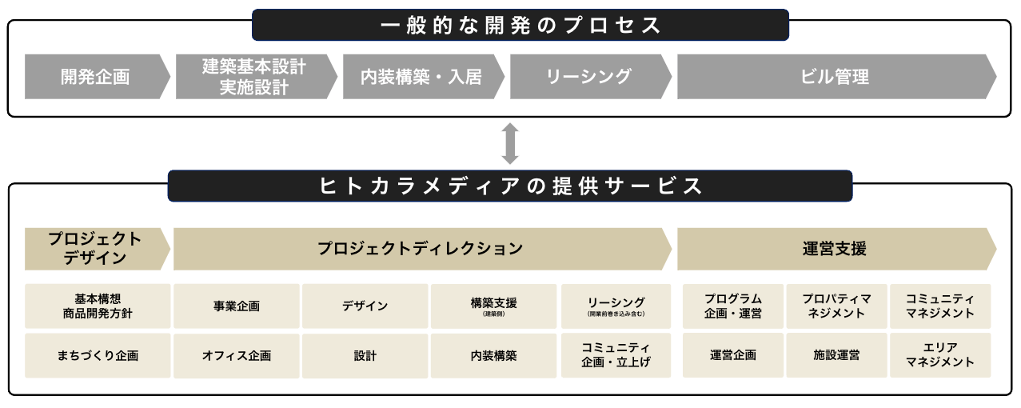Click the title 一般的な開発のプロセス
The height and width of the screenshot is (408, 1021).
tap(520, 25)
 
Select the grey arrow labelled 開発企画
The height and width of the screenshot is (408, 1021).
tap(96, 77)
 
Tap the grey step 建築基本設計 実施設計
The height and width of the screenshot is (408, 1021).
tap(254, 77)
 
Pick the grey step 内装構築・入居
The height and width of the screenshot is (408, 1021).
tap(421, 77)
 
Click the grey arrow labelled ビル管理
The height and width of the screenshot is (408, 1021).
tap(835, 77)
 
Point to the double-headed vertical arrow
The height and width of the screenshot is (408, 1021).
tap(510, 144)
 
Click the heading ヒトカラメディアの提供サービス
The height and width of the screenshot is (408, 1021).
tap(510, 186)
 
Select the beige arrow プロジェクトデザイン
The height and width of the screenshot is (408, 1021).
tap(95, 249)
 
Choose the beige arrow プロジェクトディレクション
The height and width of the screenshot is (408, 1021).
tap(421, 249)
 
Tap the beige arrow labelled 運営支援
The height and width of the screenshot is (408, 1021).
tap(835, 249)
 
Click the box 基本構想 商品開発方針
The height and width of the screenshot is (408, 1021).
tap(98, 306)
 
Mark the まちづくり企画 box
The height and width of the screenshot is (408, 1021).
tap(98, 356)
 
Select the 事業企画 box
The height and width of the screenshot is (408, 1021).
tap(237, 306)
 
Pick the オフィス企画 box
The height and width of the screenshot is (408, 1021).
tap(237, 356)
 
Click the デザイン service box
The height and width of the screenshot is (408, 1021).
tap(365, 306)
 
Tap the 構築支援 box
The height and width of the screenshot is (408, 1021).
tap(494, 306)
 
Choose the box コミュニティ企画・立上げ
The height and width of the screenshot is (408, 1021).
tap(616, 356)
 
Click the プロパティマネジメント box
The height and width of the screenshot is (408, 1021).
tap(836, 306)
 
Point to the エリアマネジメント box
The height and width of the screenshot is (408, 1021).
tap(940, 356)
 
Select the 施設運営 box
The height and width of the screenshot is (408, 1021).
tap(836, 356)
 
